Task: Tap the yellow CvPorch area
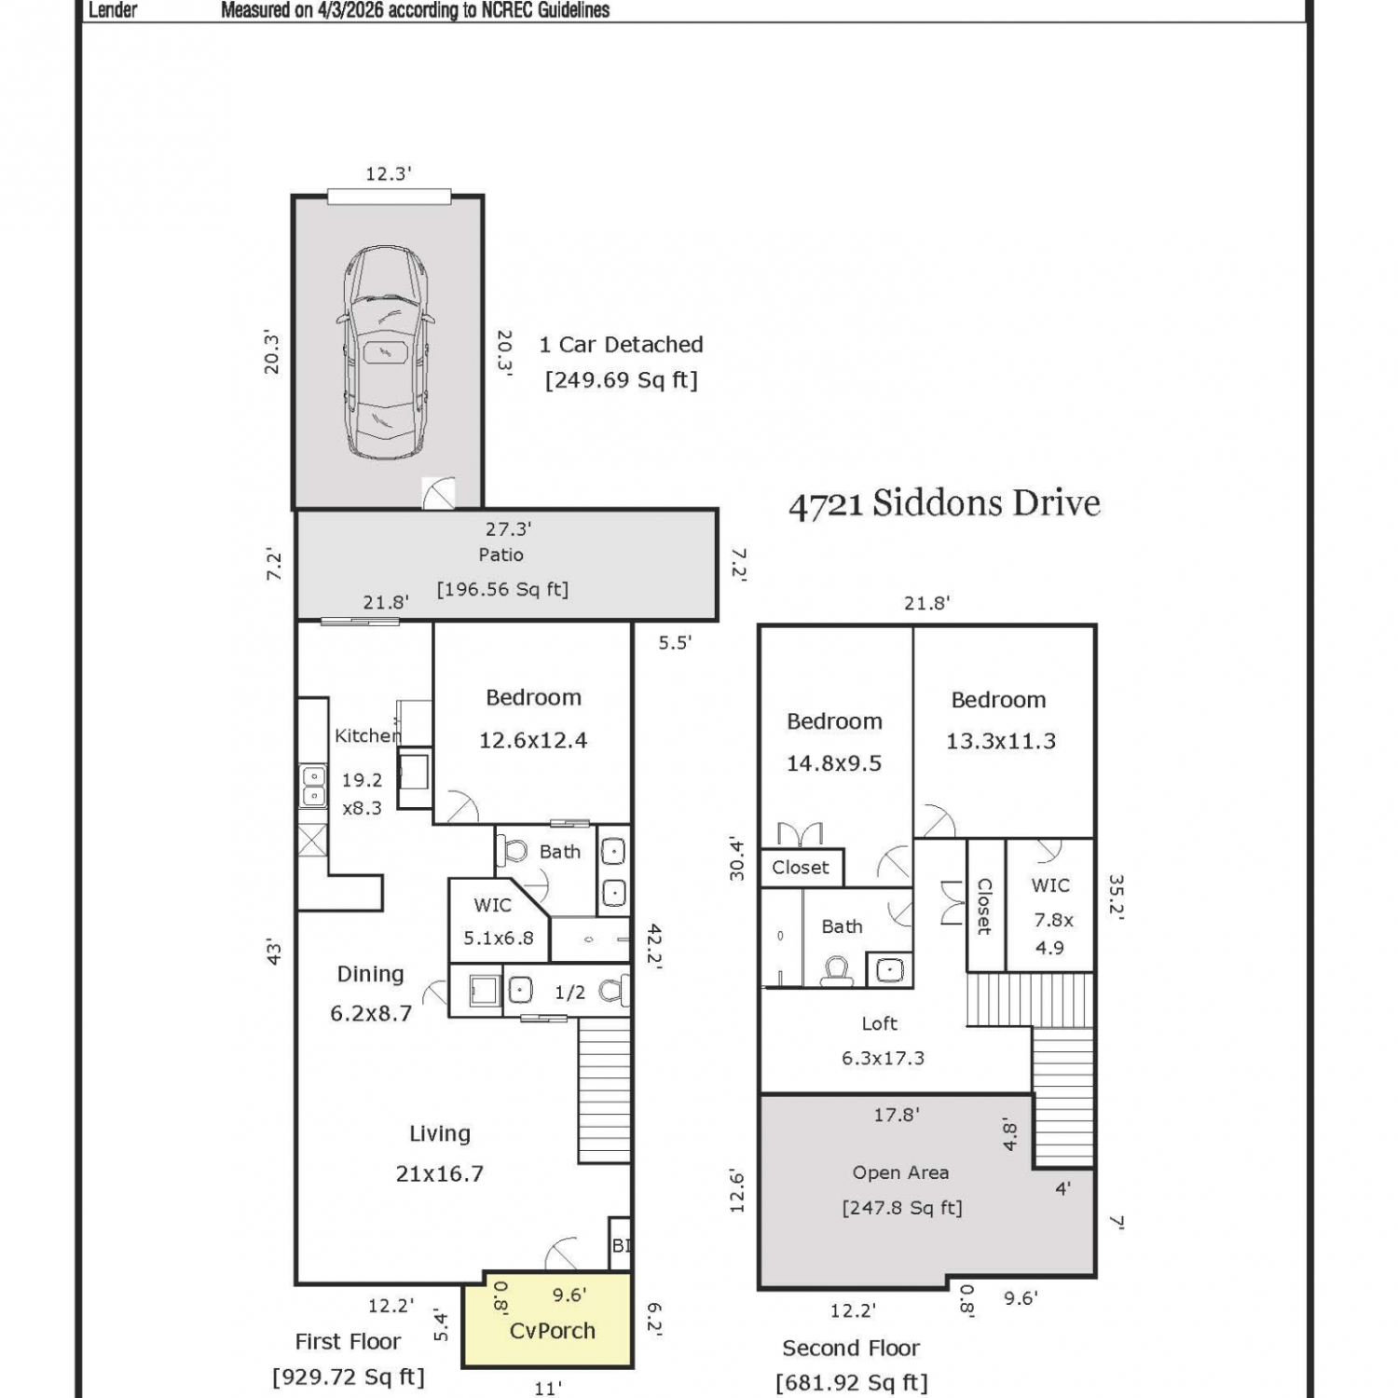click(549, 1320)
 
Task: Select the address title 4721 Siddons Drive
click(944, 503)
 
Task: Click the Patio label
click(501, 555)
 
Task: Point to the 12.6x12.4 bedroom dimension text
click(533, 740)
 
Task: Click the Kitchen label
click(367, 735)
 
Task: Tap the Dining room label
click(370, 974)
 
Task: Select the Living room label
click(440, 1133)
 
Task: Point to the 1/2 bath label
click(569, 993)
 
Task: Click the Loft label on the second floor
click(879, 1023)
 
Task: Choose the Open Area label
click(900, 1172)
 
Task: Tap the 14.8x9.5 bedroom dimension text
click(834, 763)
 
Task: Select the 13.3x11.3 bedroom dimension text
click(1001, 741)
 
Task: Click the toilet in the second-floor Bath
click(836, 971)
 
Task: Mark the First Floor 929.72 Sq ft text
click(348, 1359)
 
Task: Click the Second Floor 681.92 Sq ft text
click(851, 1365)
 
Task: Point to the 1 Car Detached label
click(621, 344)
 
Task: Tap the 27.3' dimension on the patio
click(508, 529)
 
